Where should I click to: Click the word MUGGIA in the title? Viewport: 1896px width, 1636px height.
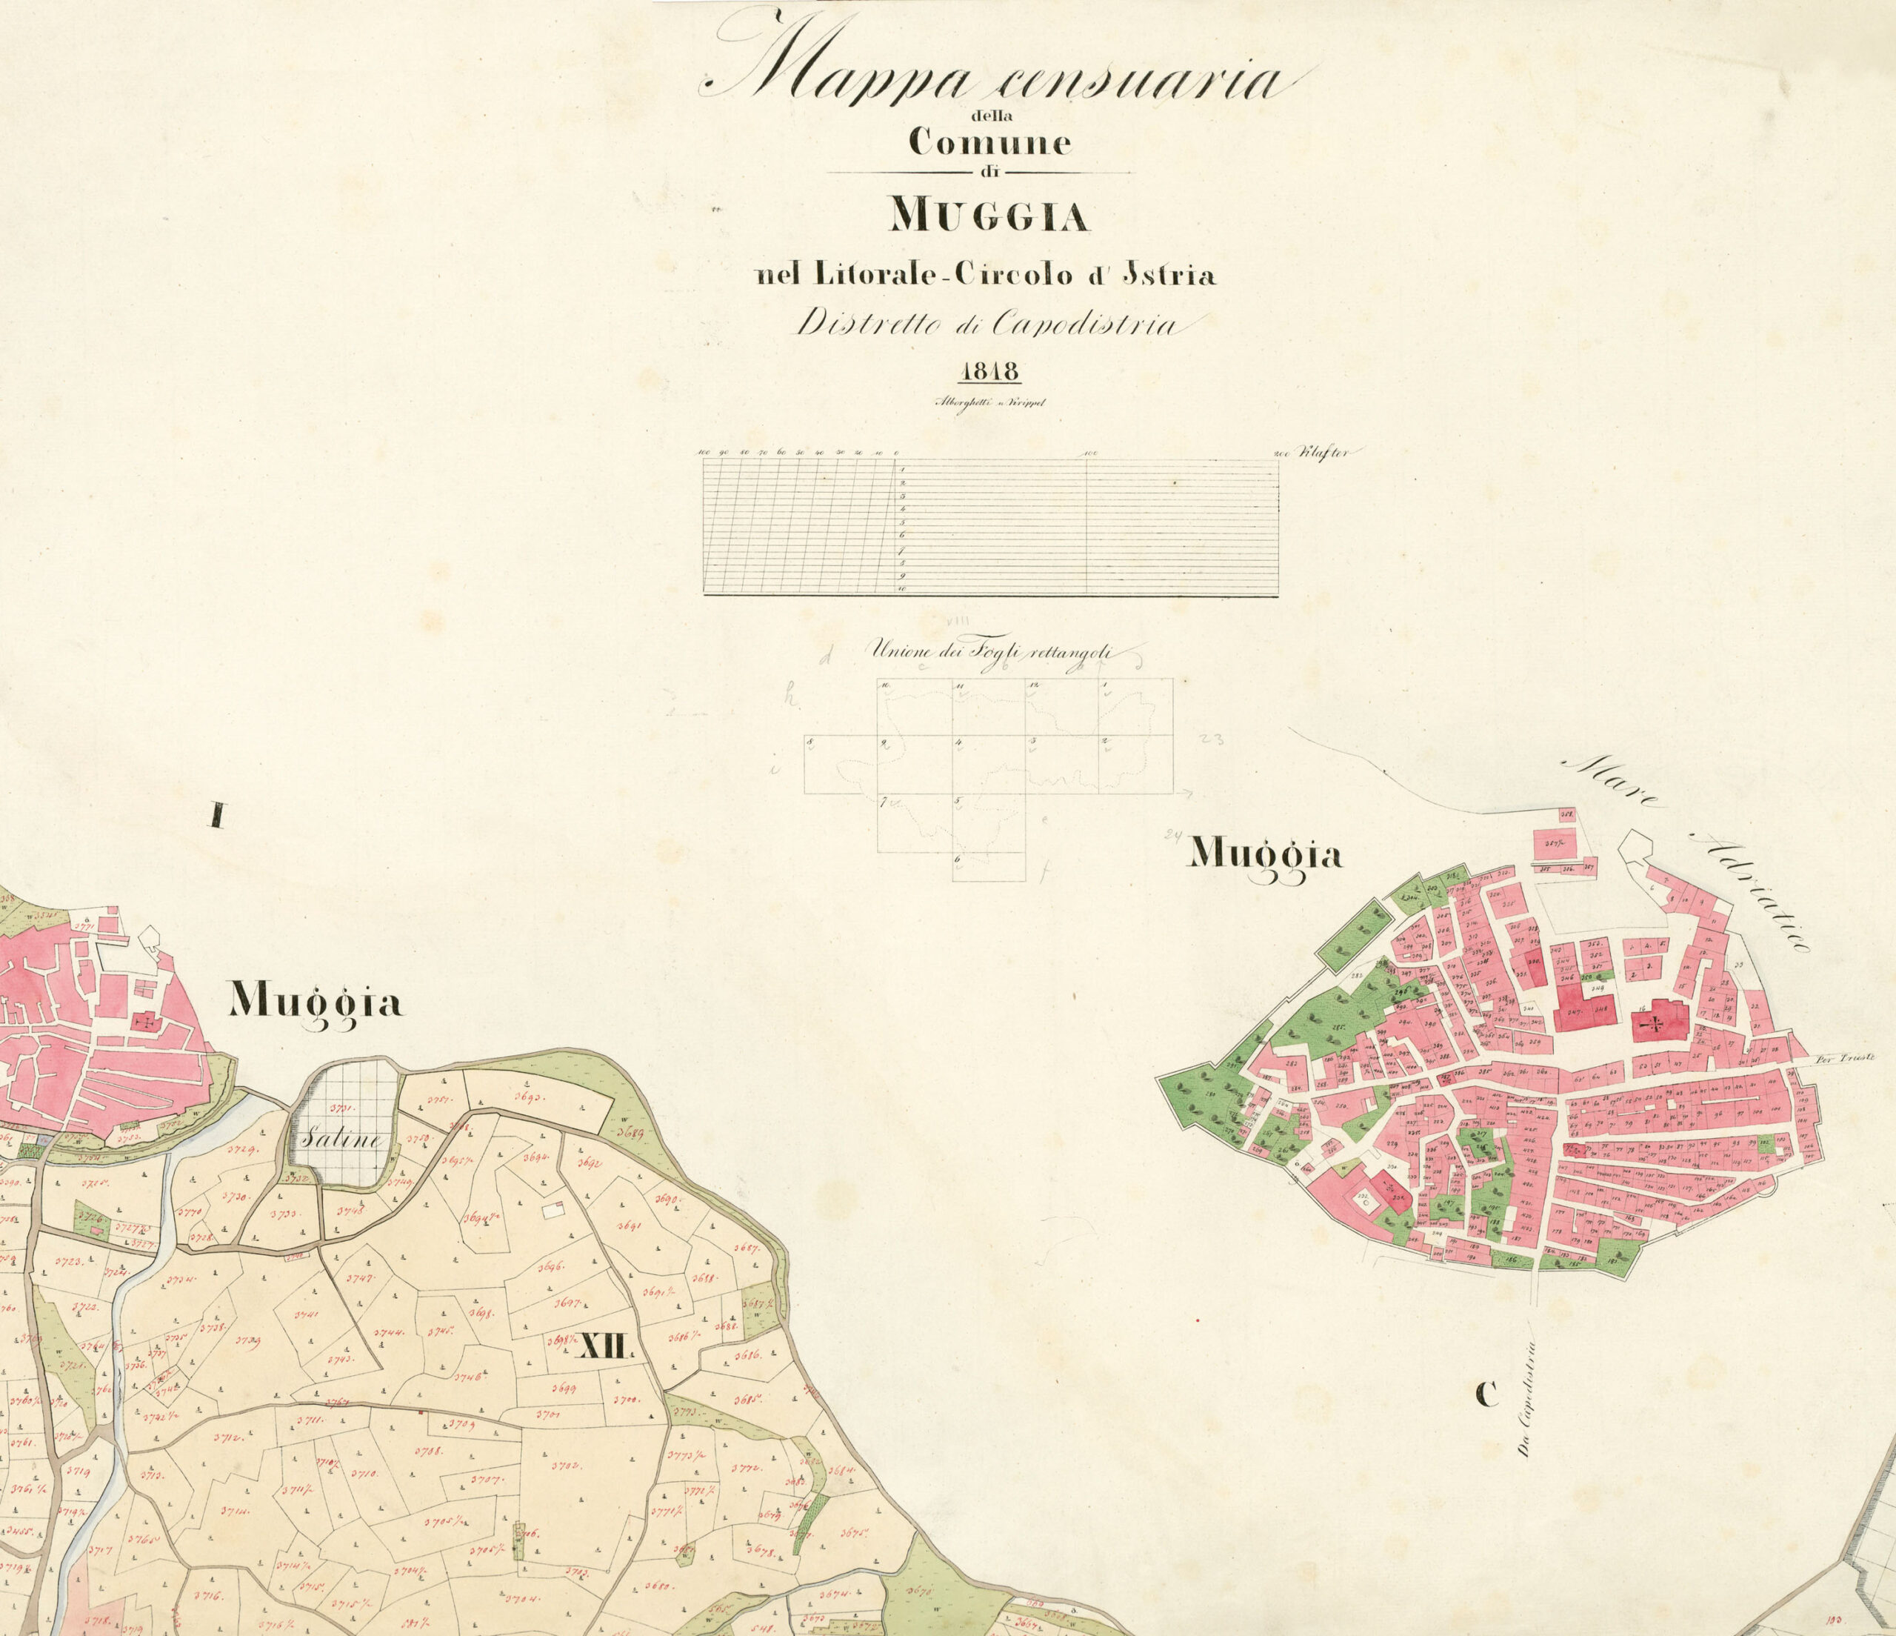click(989, 217)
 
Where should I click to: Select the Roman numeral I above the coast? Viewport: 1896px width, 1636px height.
click(217, 815)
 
